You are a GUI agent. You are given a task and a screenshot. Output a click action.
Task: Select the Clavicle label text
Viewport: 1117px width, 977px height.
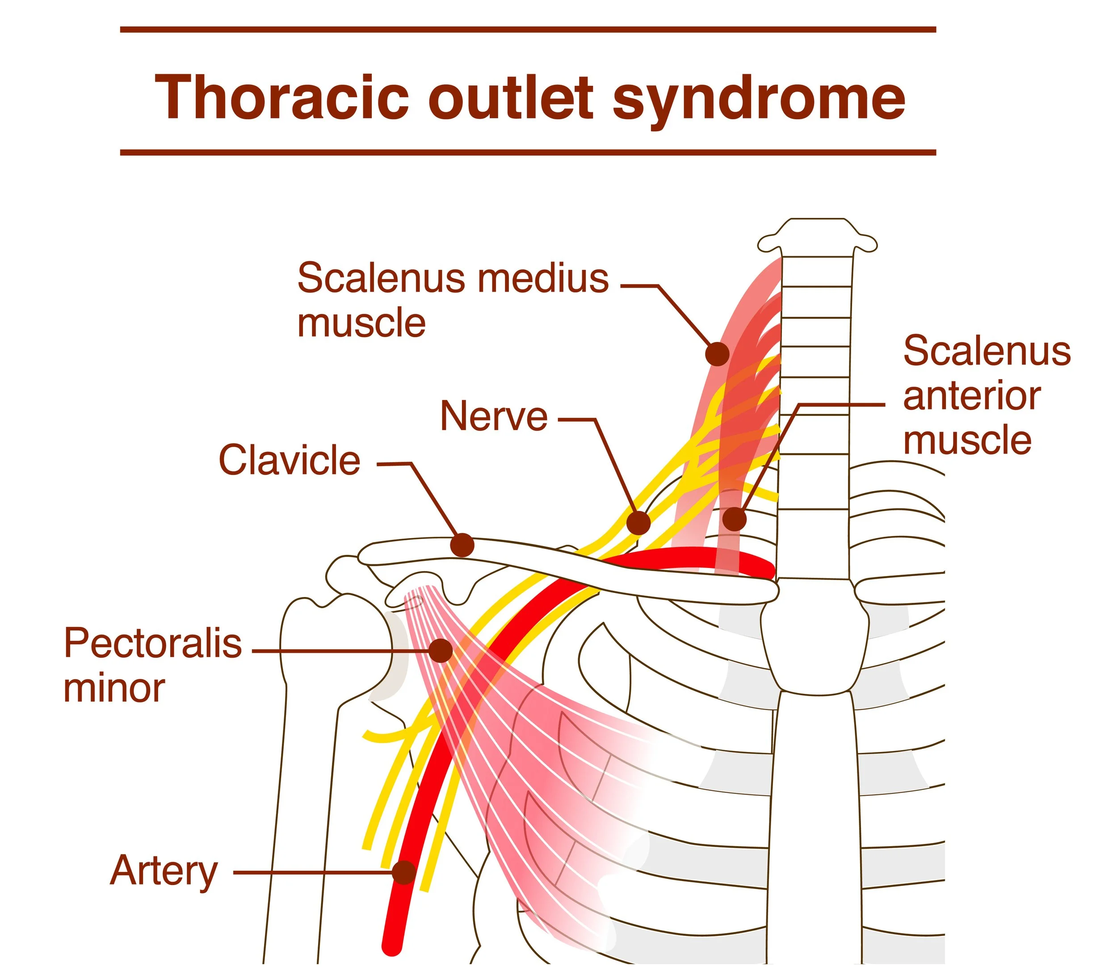[290, 460]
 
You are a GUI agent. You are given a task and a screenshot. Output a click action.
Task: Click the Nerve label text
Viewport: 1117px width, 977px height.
[494, 417]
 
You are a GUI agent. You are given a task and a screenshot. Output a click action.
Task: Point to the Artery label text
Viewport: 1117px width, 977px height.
[164, 871]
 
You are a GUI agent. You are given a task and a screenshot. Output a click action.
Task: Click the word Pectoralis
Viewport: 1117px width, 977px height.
[153, 643]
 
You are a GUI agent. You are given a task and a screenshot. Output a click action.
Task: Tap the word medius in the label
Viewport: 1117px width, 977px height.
[543, 278]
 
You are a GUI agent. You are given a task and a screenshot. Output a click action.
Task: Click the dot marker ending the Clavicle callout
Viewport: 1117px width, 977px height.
[462, 545]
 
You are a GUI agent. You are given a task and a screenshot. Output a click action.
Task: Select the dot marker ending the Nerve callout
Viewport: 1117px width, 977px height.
[638, 523]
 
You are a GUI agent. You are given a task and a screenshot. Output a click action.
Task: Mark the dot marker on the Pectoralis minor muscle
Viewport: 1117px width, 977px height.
[441, 651]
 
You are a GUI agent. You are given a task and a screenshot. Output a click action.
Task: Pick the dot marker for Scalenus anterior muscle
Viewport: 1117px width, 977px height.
[735, 518]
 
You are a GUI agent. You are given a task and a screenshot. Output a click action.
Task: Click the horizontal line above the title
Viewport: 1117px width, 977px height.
[528, 29]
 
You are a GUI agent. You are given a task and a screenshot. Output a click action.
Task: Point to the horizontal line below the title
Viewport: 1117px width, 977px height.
[528, 153]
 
